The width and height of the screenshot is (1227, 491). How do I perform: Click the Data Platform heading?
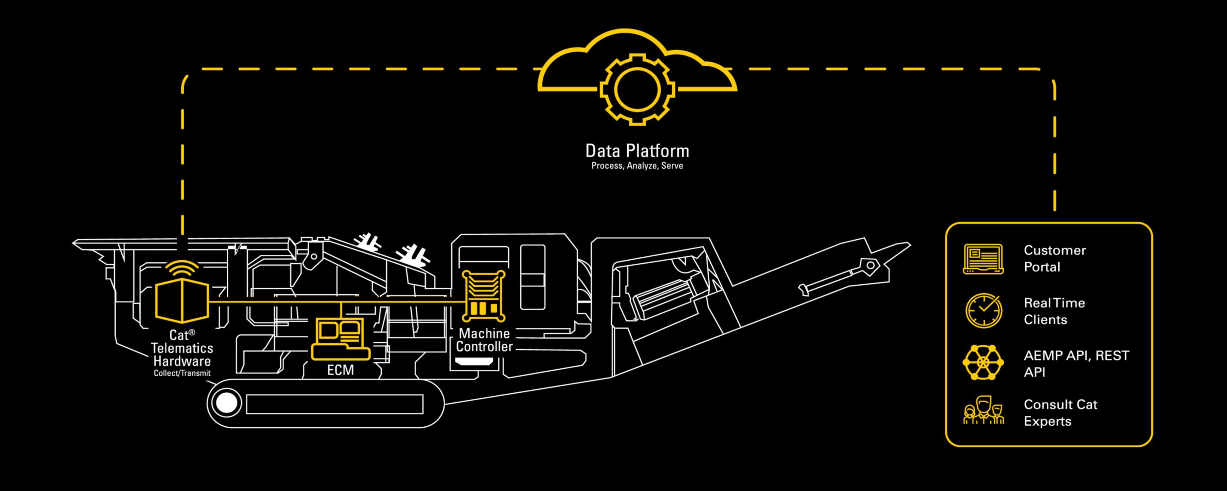pyautogui.click(x=637, y=151)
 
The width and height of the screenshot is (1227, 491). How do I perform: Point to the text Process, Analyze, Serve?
pyautogui.click(x=637, y=166)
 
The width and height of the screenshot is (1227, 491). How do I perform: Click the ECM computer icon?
pyautogui.click(x=340, y=339)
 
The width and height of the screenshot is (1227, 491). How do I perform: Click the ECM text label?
pyautogui.click(x=340, y=370)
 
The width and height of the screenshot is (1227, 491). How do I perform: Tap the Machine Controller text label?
pyautogui.click(x=484, y=340)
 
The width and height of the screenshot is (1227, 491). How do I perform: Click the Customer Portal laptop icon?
pyautogui.click(x=983, y=259)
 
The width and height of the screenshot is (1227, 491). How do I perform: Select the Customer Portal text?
pyautogui.click(x=1054, y=259)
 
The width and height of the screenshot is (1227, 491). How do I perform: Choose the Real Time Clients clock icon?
pyautogui.click(x=983, y=311)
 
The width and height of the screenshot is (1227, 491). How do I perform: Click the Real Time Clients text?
pyautogui.click(x=1054, y=311)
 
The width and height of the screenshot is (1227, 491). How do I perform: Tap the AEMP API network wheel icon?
pyautogui.click(x=983, y=362)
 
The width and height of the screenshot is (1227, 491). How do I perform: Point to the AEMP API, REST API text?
pyautogui.click(x=1076, y=364)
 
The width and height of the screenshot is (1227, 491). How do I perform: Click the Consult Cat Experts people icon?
pyautogui.click(x=983, y=411)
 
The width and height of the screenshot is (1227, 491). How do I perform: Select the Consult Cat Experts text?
pyautogui.click(x=1060, y=413)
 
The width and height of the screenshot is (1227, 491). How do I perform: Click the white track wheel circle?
pyautogui.click(x=226, y=403)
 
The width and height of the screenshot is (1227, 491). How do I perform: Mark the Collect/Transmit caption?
pyautogui.click(x=182, y=373)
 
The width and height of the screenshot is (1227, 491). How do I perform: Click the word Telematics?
pyautogui.click(x=182, y=348)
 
